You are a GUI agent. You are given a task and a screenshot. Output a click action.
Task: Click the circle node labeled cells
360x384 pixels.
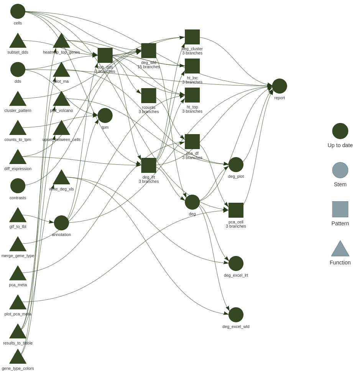coord(18,11)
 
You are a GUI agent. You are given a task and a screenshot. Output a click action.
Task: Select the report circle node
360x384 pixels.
coord(279,86)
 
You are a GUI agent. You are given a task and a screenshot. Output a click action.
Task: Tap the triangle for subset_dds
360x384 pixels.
coord(18,41)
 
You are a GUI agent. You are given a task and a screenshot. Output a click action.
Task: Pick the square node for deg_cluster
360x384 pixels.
coord(192,37)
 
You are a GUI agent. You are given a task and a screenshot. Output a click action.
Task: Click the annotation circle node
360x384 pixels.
coord(61,223)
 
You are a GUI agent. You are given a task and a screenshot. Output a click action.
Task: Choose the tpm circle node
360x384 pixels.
coord(105,115)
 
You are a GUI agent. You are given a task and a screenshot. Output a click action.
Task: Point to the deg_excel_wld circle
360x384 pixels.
coord(236,315)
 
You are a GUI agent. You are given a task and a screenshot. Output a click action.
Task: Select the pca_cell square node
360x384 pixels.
coord(236,210)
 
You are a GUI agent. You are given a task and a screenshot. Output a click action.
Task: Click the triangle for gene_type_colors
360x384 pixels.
coord(18,357)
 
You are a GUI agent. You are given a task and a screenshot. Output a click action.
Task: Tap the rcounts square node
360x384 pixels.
coord(149,96)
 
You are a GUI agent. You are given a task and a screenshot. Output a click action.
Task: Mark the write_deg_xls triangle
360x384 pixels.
coord(61,178)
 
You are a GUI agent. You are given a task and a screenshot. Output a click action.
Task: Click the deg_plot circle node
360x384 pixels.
coord(236,165)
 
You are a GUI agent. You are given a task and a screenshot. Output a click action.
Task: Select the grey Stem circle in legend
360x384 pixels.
coord(340,170)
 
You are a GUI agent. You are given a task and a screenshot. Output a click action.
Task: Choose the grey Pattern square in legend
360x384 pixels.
coord(340,209)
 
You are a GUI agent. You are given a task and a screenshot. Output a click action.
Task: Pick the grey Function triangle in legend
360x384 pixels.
coord(340,249)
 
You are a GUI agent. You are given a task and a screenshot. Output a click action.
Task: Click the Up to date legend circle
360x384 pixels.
coord(340,131)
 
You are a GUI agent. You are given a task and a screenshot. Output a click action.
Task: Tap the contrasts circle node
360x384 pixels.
coord(18,186)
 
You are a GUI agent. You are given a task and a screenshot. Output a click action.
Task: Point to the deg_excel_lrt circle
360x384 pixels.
coord(236,263)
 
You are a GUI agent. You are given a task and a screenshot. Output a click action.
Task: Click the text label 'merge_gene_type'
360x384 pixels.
coord(18,256)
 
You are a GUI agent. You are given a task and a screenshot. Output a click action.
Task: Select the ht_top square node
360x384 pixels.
coord(192,95)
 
